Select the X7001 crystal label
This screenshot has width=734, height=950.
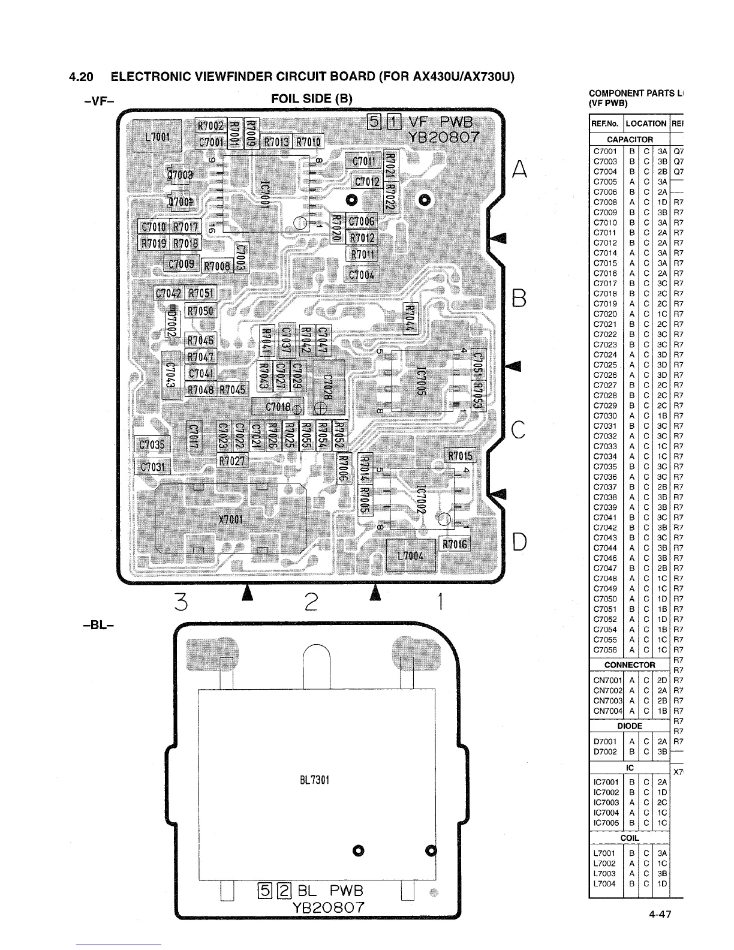point(230,519)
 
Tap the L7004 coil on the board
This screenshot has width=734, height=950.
point(411,555)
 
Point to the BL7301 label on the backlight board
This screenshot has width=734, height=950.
point(314,780)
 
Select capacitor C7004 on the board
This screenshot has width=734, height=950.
point(362,275)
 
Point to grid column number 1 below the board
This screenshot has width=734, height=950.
point(440,600)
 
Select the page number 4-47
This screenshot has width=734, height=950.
point(658,915)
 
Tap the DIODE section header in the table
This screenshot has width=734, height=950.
point(630,726)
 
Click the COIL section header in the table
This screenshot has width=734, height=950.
point(630,838)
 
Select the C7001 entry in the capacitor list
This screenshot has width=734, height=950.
point(604,152)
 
